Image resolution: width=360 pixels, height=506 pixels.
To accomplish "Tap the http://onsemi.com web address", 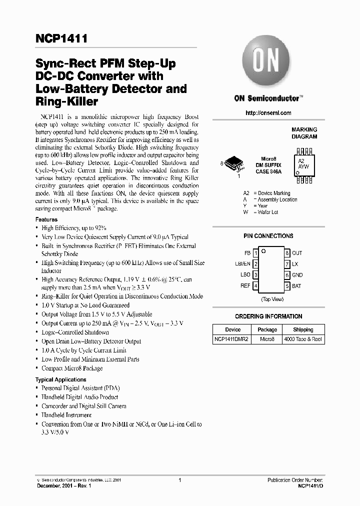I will pos(268,113).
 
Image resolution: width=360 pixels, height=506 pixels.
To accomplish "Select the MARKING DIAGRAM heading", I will pos(304,133).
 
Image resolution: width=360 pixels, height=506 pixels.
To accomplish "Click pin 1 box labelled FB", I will pos(255,253).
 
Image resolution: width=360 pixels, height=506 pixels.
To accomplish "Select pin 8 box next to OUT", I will pos(287,253).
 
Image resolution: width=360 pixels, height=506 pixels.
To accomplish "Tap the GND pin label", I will pos(297,275).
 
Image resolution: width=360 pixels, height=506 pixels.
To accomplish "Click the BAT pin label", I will pos(297,286).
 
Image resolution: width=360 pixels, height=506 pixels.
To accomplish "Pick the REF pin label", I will pos(245,286).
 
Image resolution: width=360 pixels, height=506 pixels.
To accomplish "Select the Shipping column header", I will pos(303,329).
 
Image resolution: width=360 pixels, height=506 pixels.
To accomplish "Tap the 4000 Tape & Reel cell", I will pos(303,339).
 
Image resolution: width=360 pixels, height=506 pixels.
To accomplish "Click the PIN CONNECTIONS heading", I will pos(268,236).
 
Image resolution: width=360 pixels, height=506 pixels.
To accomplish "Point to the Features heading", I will pos(46,219).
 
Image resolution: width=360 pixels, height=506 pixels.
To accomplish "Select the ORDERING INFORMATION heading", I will pos(268,316).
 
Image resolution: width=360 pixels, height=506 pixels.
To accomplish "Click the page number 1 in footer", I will pos(179,480).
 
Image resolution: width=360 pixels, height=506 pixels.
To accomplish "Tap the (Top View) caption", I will pos(272,299).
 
